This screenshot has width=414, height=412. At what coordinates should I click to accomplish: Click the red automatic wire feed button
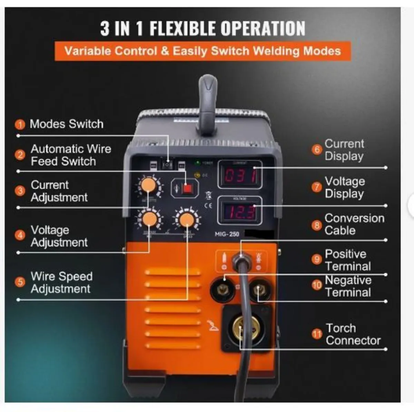tap(187, 188)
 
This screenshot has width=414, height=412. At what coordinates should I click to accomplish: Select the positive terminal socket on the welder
tap(223, 290)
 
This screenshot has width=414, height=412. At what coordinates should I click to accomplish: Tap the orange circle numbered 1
tap(20, 124)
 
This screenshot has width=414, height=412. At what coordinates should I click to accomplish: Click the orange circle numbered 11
tap(317, 334)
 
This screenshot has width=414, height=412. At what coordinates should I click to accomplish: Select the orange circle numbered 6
tap(316, 150)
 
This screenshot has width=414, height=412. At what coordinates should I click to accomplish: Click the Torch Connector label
tap(353, 334)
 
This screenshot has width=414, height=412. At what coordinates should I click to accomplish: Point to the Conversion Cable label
tap(354, 224)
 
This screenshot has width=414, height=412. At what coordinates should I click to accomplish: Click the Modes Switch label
tap(67, 124)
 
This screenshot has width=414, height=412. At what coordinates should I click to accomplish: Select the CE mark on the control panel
tap(208, 206)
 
